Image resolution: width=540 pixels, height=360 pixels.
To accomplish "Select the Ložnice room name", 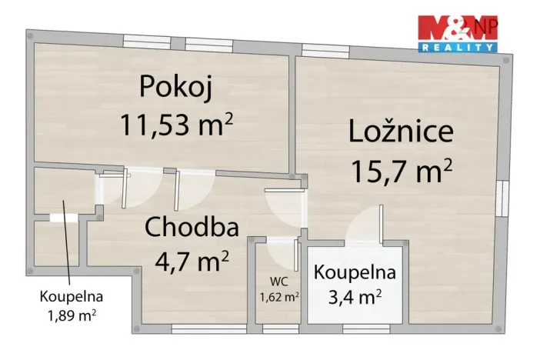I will coord(401,131).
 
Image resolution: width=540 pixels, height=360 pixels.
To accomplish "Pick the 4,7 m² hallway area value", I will coord(192,262).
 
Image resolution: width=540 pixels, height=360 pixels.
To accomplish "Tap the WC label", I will coord(278,281).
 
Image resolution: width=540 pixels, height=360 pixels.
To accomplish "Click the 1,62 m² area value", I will coord(278,295).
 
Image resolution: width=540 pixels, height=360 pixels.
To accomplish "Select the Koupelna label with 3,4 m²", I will coord(355,272).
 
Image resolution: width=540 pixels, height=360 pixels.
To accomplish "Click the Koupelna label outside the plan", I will coord(72,295).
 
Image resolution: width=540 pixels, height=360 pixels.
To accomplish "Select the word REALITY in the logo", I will coord(457,48).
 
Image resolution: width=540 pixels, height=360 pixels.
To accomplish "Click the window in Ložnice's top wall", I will coord(325,52).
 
